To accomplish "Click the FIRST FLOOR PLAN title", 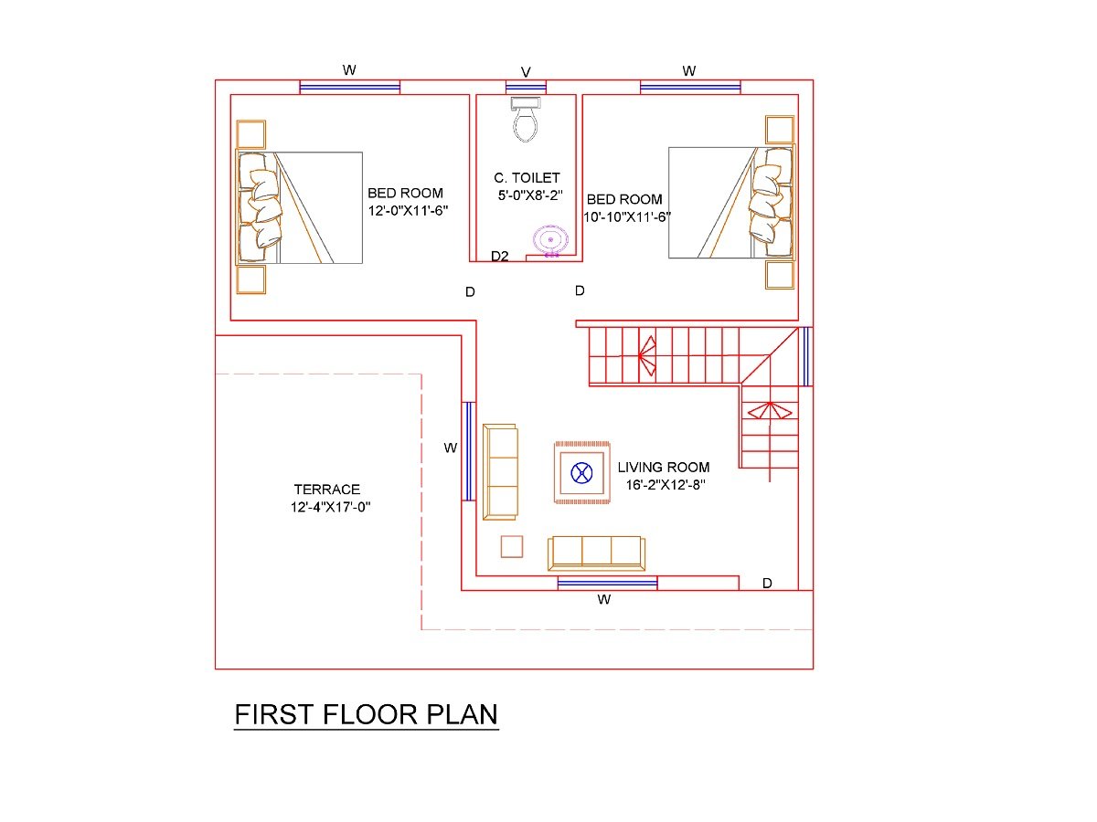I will click(x=367, y=714).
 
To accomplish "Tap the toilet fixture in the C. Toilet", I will click(x=525, y=120).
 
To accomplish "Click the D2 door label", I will click(x=499, y=257).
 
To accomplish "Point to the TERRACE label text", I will click(x=327, y=490).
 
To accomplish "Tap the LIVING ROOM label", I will click(x=663, y=467).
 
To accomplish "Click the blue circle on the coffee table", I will click(x=580, y=472).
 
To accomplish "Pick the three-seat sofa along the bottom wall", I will click(x=596, y=553).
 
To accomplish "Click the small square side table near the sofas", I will click(x=512, y=546).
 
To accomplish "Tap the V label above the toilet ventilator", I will click(x=526, y=71).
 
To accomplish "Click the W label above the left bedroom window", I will click(x=349, y=70).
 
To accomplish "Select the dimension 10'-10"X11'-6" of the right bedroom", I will click(x=627, y=216).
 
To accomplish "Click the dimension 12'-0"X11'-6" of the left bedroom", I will click(x=406, y=210).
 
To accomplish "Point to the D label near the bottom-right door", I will click(x=767, y=583).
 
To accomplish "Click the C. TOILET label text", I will click(x=526, y=178).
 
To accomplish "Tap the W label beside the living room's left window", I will click(x=450, y=448).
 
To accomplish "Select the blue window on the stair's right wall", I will click(x=805, y=356).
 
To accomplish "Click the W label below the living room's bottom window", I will click(x=603, y=600).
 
